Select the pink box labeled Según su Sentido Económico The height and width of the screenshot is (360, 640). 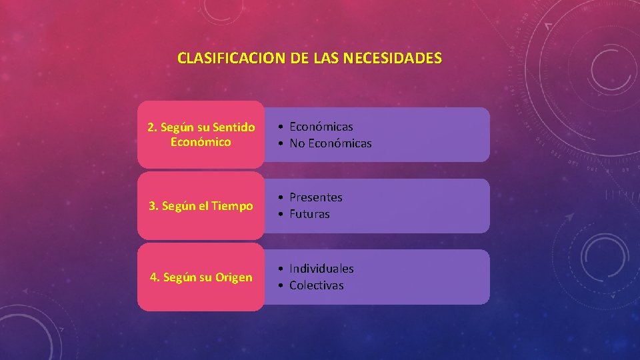pyautogui.click(x=201, y=134)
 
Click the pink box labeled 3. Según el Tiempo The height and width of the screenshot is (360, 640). pyautogui.click(x=201, y=206)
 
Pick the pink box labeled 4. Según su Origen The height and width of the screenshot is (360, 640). pyautogui.click(x=201, y=277)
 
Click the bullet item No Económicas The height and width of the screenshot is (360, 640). pyautogui.click(x=330, y=143)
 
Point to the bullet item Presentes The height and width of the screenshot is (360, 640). pyautogui.click(x=315, y=197)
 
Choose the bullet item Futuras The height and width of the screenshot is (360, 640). pyautogui.click(x=309, y=214)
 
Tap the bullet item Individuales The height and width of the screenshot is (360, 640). pyautogui.click(x=321, y=268)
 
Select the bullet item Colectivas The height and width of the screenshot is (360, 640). pyautogui.click(x=316, y=285)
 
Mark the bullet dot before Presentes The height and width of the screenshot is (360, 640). pyautogui.click(x=283, y=198)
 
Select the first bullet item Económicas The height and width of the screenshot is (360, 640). pyautogui.click(x=321, y=126)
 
